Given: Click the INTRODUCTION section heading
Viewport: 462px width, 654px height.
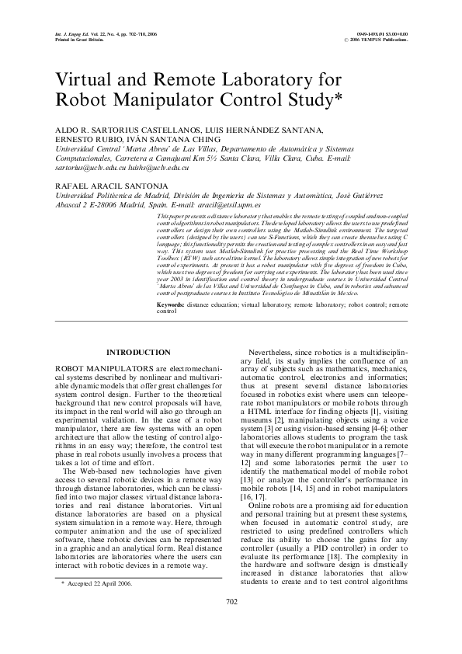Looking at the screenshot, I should pyautogui.click(x=138, y=353).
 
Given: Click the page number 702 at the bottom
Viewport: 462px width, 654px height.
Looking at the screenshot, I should pyautogui.click(x=231, y=624).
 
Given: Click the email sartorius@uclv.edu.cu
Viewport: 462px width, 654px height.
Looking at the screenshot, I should pyautogui.click(x=82, y=167).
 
